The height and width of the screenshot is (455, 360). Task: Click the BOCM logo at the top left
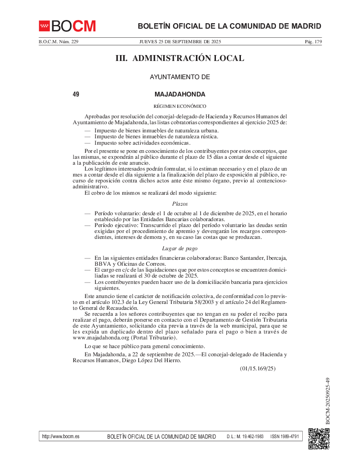pos(67,26)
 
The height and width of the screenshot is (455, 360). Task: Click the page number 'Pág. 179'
pos(313,42)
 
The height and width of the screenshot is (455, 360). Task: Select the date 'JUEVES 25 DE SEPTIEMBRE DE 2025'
pos(180,42)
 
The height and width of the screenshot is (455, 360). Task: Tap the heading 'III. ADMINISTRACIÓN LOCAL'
pos(180,58)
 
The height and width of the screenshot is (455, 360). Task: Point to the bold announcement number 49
pos(76,95)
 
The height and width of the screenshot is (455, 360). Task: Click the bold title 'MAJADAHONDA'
pos(180,95)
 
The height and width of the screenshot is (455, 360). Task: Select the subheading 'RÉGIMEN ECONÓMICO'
pos(180,106)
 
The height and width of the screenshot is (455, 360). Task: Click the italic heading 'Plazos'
pos(180,204)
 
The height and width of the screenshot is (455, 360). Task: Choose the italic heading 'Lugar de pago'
pos(180,248)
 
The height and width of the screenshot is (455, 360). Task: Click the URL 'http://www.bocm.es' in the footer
pos(60,437)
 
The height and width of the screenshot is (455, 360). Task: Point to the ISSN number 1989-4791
pos(285,437)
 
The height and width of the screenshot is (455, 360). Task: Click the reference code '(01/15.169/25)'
pos(258,369)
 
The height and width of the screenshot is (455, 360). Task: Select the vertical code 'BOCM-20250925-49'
pos(328,401)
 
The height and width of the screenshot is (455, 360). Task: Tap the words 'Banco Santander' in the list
pos(244,258)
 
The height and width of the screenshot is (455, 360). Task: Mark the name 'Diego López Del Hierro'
pos(150,360)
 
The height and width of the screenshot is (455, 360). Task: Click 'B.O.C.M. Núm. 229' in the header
pos(58,42)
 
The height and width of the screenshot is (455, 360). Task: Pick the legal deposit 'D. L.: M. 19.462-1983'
pos(245,437)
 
